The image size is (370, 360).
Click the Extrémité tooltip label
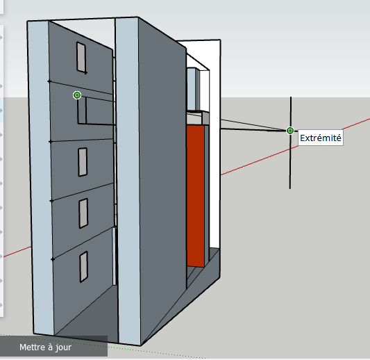pos(321,138)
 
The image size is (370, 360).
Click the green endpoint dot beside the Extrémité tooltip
pos(290,131)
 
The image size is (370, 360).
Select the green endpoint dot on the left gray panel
pos(77,95)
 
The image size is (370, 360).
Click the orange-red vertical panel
pos(196,196)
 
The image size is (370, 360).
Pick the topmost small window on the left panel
pos(81,57)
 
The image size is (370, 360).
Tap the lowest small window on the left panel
pos(84,267)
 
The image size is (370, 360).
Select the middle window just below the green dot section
pos(83,162)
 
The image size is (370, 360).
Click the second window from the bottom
pos(83,213)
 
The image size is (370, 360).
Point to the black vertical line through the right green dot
pos(290,142)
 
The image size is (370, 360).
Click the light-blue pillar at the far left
pos(40,177)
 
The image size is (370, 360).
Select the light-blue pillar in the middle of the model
pos(128,181)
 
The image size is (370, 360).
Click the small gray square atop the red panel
pos(205,118)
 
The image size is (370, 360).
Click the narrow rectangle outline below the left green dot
pos(82,110)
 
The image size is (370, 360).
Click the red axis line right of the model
pos(295,147)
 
